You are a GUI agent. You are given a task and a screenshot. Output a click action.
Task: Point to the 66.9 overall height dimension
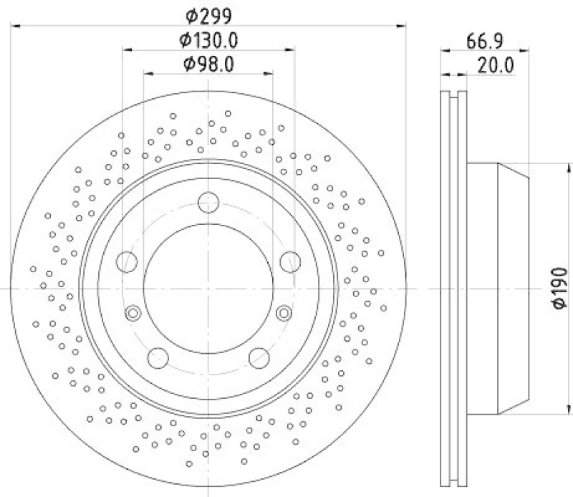pos(483,41)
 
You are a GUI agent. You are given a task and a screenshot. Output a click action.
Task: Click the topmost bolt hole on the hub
pos(208,203)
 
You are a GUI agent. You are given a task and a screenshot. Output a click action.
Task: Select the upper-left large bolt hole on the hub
pos(127,261)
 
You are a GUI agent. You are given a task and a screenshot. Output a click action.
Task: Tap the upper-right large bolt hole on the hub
pos(290,261)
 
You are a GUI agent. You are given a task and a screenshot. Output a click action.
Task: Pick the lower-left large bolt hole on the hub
pos(158,357)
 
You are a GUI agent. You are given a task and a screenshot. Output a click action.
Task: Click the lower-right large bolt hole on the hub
pos(259,357)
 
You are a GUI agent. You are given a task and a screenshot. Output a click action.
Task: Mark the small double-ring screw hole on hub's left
pos(133,313)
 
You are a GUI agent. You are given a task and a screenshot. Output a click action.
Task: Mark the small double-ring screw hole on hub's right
pos(284,313)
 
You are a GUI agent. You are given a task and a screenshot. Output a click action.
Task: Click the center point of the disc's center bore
pos(208,288)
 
